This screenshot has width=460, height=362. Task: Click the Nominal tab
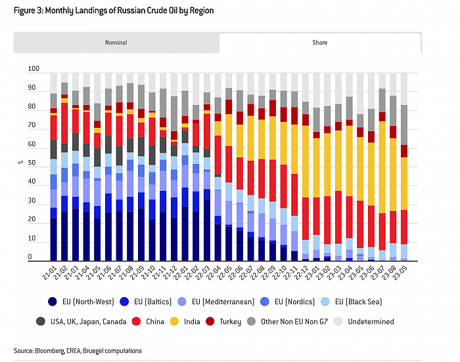click(x=116, y=43)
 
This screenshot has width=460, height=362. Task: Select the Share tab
click(x=319, y=43)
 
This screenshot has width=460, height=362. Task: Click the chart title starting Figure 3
click(x=113, y=10)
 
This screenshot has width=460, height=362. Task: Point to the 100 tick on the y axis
click(x=34, y=69)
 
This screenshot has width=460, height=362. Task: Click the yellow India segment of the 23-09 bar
click(x=404, y=184)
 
